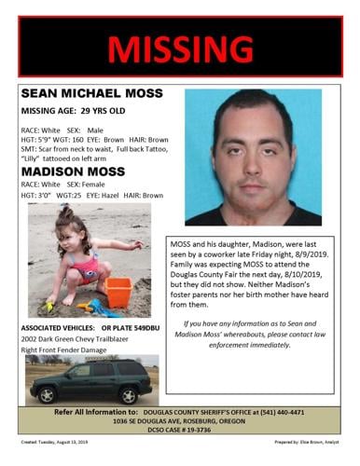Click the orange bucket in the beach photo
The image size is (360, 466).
pos(118,292)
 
